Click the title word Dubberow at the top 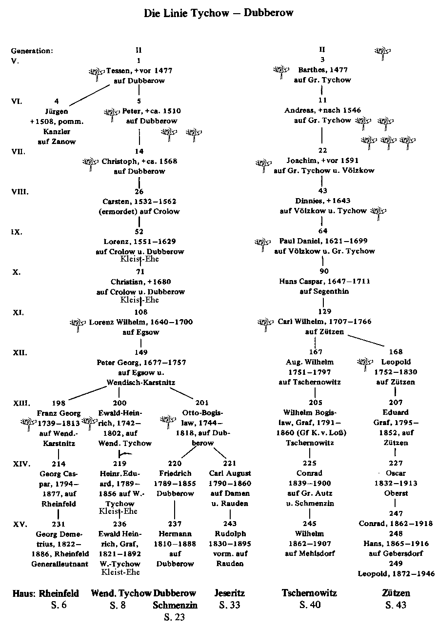click(268, 13)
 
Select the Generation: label click(32, 51)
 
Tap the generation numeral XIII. click(21, 403)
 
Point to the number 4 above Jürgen click(57, 101)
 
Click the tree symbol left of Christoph click(91, 164)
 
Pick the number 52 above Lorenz click(139, 231)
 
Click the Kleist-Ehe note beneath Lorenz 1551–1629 click(139, 259)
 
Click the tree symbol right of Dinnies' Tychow click(378, 213)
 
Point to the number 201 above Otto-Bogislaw click(202, 403)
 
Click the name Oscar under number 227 click(396, 473)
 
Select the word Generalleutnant click(60, 564)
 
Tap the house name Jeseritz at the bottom click(230, 593)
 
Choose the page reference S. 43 click(396, 605)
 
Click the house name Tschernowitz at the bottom click(309, 593)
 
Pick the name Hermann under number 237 click(175, 534)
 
